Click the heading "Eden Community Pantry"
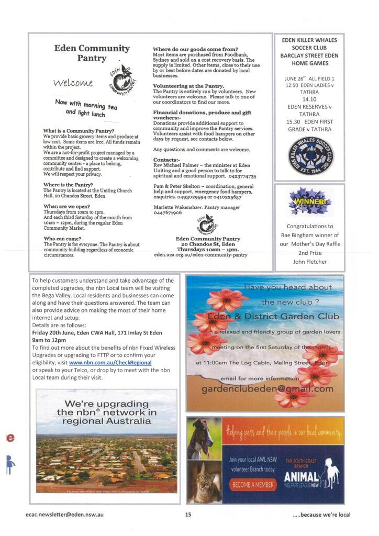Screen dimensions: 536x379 coord(92,53)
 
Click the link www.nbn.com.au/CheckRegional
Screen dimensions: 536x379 coord(110,362)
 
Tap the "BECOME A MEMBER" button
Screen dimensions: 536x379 coord(253,485)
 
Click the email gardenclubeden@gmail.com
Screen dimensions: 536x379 coord(267,389)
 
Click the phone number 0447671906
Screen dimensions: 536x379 coord(167,213)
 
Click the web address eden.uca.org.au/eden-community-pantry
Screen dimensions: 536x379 coord(200,255)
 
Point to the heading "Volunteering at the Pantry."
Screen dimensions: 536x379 coord(188,86)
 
